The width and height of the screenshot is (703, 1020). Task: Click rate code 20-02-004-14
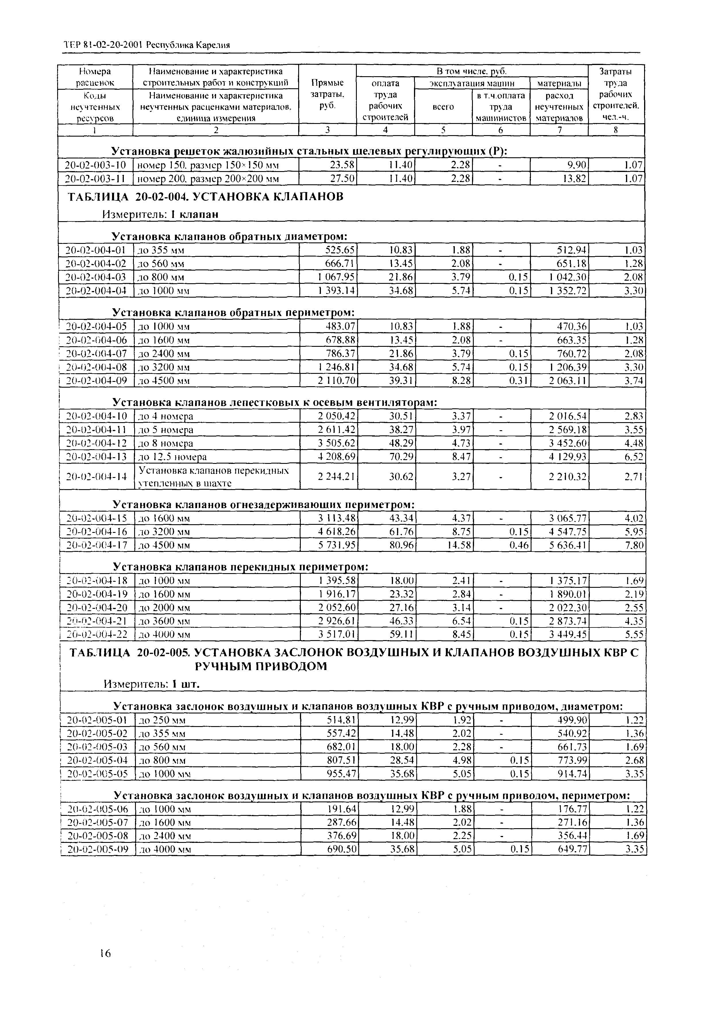[96, 476]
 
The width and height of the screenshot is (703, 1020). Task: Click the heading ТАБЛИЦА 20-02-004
[205, 197]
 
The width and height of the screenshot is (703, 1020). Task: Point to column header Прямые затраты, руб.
[327, 94]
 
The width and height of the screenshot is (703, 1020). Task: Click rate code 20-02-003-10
[95, 165]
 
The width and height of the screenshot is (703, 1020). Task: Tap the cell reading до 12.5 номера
[173, 457]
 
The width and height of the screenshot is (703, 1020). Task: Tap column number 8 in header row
[616, 130]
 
